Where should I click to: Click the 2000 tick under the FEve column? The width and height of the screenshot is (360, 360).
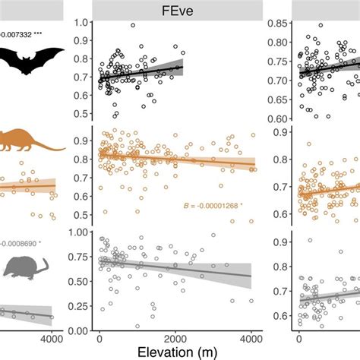point(176,339)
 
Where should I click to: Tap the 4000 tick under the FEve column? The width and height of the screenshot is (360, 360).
point(251,339)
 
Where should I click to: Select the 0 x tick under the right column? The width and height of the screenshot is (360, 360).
point(298,339)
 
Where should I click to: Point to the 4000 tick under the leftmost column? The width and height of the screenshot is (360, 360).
point(52,339)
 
